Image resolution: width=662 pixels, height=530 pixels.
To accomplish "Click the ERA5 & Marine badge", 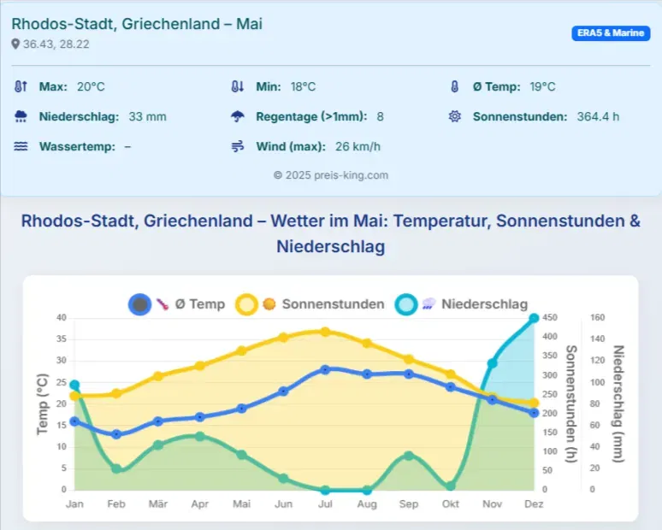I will coord(611,33).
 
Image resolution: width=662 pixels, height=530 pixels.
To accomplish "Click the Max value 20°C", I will coord(91,86).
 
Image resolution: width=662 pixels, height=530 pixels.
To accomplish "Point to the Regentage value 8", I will coord(381,116).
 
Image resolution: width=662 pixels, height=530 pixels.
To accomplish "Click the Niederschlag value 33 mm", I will coord(147,116).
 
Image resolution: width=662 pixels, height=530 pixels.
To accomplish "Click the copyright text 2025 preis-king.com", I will coord(331,174).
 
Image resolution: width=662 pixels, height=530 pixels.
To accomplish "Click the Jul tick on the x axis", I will coord(325,504).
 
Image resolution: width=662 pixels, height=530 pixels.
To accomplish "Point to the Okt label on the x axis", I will coord(451,504).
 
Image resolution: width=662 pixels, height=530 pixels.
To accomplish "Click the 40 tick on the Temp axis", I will coord(62,318).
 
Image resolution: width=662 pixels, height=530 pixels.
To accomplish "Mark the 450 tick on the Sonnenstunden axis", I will coord(553,318).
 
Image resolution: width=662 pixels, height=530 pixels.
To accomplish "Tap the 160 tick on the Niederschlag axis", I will coord(598,318).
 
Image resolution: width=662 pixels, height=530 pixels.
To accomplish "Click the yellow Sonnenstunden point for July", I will coord(325,331).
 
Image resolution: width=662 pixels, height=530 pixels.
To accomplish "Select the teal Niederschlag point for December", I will coord(534,318).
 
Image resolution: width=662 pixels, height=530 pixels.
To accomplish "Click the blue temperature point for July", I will coord(325,369).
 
